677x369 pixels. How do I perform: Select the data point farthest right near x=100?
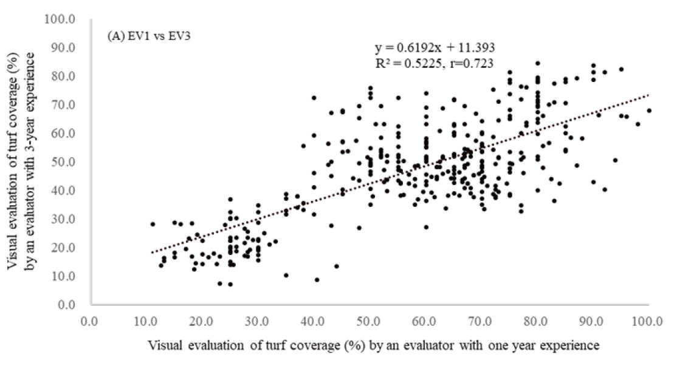point(649,110)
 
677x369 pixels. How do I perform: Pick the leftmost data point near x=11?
point(153,224)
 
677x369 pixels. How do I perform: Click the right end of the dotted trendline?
point(649,95)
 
